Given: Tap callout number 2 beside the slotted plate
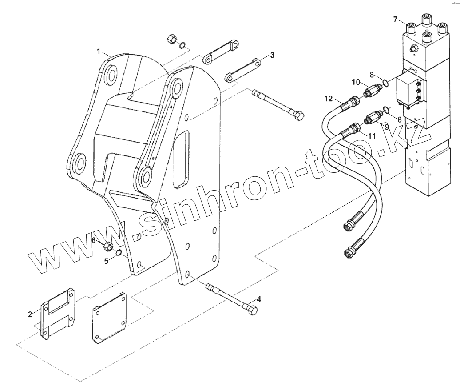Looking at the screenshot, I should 30,314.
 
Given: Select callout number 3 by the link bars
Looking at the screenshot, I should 272,55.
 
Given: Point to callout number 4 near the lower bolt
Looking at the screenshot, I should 259,299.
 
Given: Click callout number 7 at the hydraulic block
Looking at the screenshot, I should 395,19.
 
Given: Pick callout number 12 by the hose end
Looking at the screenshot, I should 328,98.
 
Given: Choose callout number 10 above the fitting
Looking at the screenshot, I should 356,82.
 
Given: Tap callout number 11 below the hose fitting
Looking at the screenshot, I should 372,136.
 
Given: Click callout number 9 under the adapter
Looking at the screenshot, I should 387,127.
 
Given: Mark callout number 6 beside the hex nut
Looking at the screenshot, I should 94,240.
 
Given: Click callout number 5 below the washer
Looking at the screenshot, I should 106,261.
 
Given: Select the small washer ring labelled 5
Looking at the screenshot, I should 119,253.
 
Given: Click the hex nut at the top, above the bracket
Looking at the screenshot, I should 172,39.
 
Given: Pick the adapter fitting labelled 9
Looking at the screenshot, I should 372,119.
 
